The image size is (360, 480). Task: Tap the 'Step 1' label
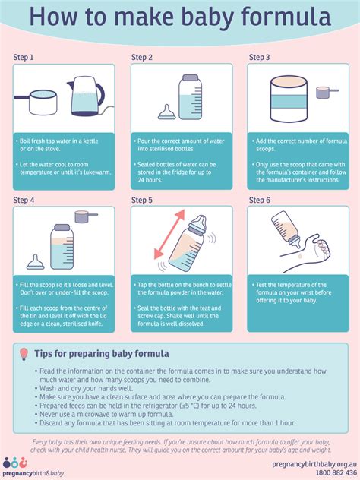pos(24,57)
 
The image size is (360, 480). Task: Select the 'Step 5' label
pos(142,200)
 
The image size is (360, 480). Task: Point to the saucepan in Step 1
pos(43,103)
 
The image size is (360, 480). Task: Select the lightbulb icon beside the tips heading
pos(24,354)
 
